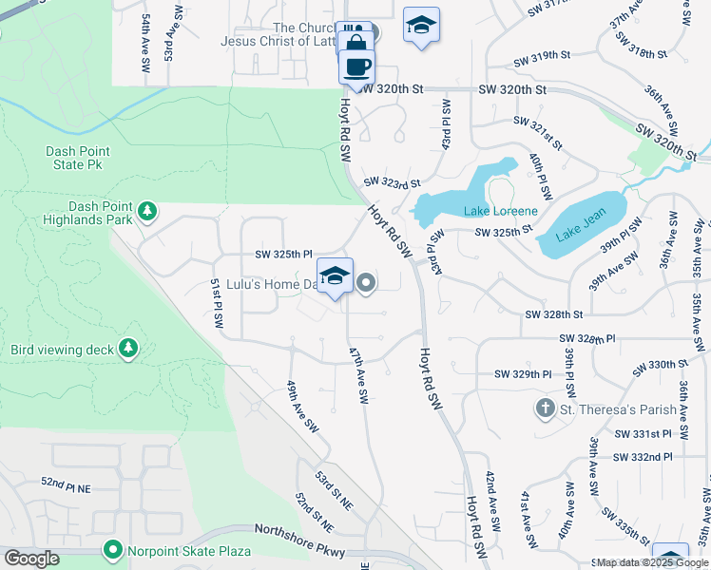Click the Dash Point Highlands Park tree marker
[146, 210]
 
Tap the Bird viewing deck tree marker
[128, 350]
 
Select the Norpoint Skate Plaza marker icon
[113, 550]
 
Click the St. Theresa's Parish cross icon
[545, 409]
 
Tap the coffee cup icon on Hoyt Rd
[356, 67]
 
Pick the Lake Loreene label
[500, 211]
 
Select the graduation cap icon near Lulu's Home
[335, 276]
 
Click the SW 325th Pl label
[283, 254]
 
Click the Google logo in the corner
[32, 559]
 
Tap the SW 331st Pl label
[644, 433]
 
